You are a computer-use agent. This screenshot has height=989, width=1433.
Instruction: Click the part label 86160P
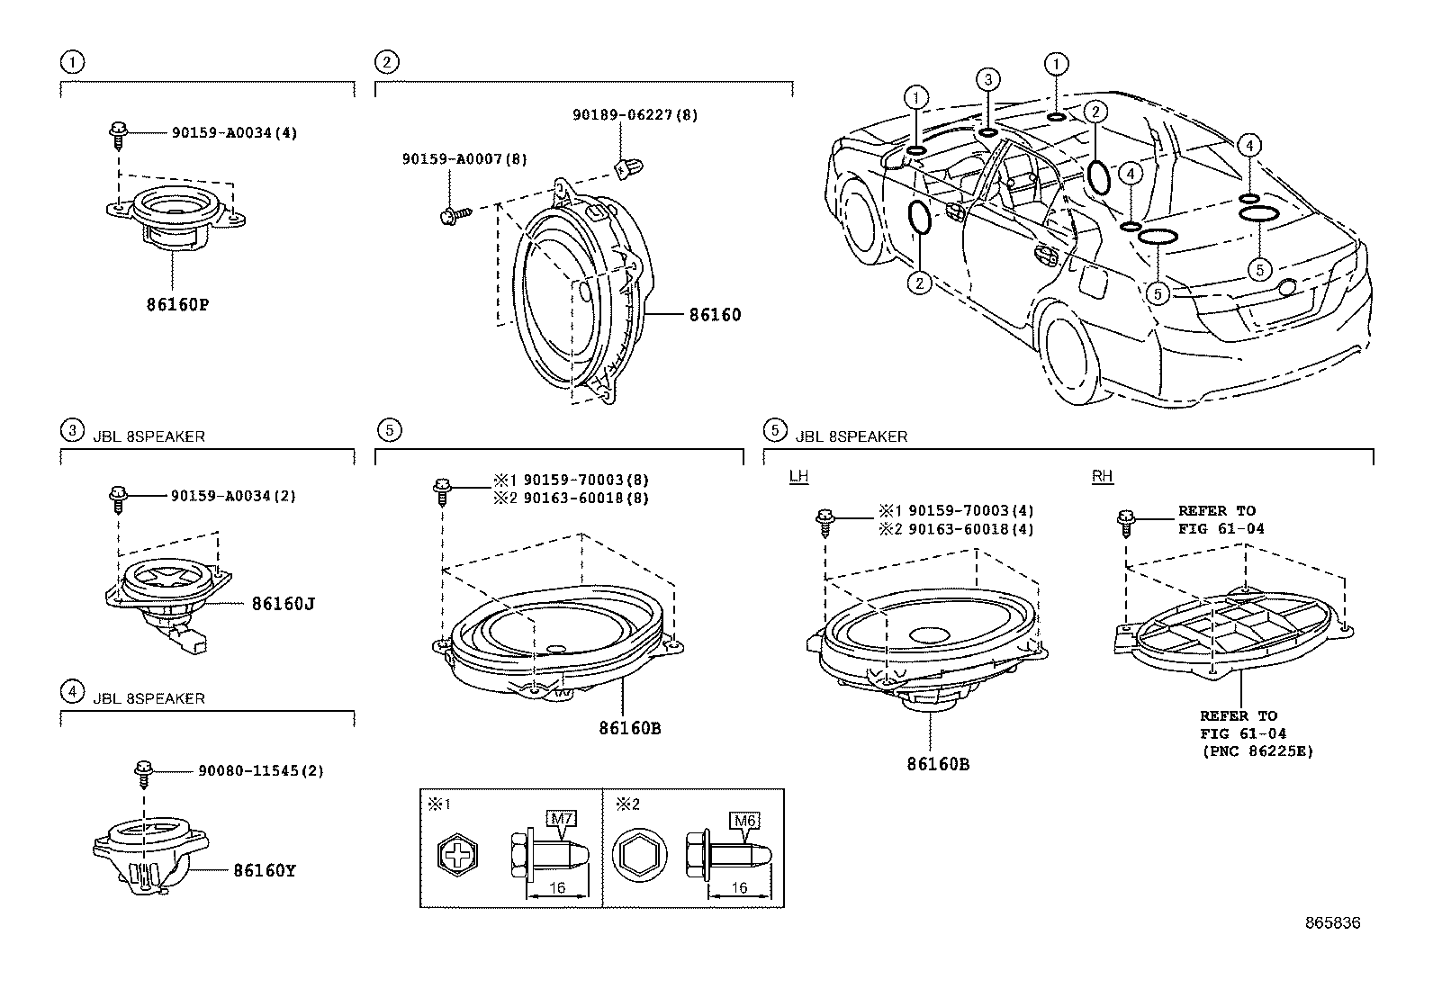pos(177,304)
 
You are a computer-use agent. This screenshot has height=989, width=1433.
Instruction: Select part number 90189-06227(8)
pos(635,115)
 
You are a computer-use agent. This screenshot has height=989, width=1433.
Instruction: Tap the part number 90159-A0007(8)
pos(464,158)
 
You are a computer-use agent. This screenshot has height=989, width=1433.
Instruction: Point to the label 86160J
pos(283,603)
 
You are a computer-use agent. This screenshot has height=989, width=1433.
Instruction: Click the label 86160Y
pos(265,870)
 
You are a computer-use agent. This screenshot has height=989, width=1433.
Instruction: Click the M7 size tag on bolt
pos(561,818)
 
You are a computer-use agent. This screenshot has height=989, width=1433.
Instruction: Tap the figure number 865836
pos(1333,922)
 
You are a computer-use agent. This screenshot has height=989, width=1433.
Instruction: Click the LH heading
pos(798,476)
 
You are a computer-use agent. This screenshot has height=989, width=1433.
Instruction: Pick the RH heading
pos(1102,476)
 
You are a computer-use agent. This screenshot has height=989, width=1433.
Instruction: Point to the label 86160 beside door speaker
pos(715,315)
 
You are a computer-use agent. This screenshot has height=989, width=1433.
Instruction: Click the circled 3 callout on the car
pos(987,80)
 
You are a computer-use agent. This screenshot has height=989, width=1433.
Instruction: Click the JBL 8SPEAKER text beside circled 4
pos(149,698)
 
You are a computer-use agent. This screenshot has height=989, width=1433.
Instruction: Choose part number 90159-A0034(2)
pos(233,495)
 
